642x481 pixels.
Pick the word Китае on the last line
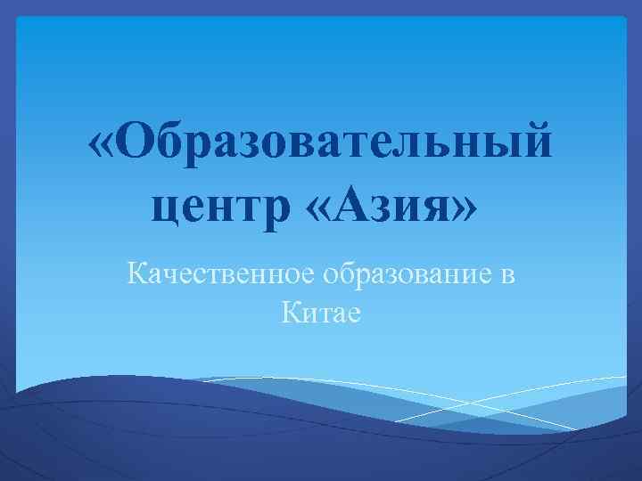point(320,312)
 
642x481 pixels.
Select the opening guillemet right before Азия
point(317,210)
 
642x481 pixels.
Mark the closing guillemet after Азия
point(462,210)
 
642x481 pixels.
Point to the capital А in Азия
point(350,207)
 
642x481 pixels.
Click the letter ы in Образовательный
point(500,148)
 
